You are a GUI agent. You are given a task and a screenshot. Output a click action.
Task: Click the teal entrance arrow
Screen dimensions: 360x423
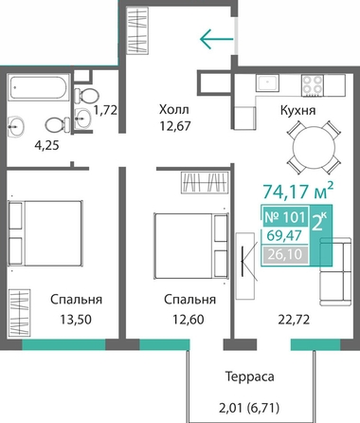217,39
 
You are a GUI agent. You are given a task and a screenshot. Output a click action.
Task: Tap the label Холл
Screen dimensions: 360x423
174,110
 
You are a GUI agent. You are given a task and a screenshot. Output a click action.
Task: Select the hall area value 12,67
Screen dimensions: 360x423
175,126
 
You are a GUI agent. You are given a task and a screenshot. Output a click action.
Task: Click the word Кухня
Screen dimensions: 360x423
297,110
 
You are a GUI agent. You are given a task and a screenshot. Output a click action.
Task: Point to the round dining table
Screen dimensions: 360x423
314,147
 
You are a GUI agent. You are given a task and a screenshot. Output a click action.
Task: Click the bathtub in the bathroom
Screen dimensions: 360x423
39,87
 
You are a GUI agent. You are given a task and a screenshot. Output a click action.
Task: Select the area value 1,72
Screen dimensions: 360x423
105,110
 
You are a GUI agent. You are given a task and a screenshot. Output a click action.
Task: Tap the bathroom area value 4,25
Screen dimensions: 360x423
46,146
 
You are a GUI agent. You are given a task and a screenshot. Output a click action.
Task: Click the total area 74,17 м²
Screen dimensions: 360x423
298,191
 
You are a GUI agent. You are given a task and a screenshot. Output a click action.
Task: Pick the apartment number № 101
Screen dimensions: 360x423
285,217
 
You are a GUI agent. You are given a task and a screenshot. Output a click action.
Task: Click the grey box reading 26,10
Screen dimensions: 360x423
285,254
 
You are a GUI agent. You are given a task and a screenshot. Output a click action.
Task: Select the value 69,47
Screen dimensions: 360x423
284,235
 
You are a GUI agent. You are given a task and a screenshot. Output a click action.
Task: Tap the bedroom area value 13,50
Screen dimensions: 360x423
76,320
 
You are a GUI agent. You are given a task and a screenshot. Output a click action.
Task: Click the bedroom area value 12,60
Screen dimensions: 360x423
189,320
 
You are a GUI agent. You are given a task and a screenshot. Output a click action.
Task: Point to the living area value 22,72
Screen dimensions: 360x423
294,320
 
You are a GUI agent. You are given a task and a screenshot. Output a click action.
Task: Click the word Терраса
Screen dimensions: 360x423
249,377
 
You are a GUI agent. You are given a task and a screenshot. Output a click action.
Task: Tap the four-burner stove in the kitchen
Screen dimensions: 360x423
313,85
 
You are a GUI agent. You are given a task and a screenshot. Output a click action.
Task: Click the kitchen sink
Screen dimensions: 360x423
268,83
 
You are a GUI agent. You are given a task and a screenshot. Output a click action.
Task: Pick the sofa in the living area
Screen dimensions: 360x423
335,271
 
